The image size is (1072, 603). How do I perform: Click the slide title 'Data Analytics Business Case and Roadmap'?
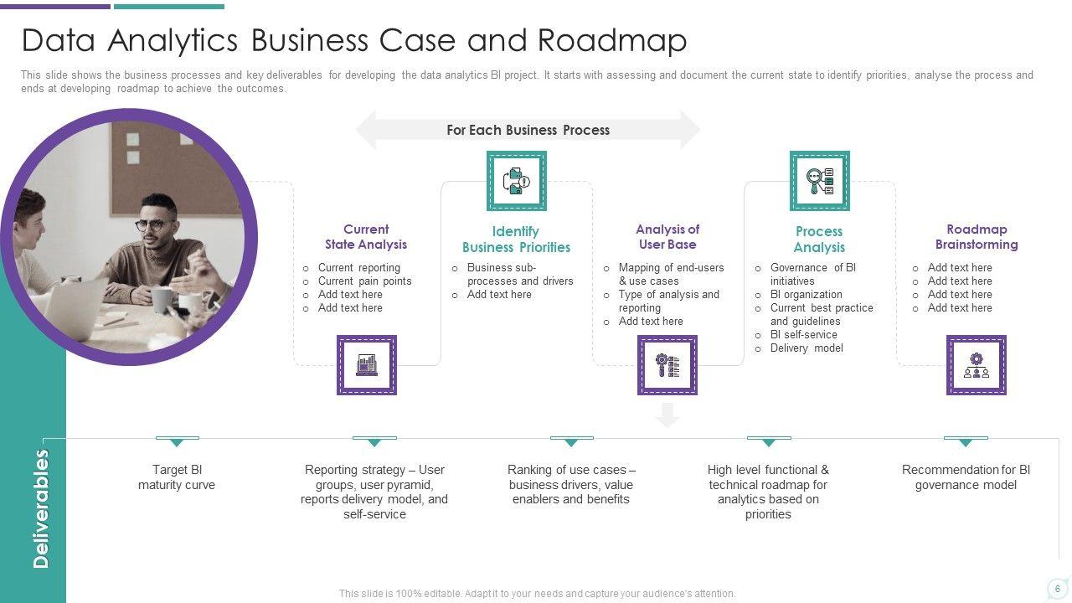(353, 40)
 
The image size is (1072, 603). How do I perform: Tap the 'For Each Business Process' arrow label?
(528, 130)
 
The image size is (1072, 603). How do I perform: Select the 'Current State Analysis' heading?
(366, 237)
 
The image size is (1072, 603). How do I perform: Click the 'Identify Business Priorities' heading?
(516, 240)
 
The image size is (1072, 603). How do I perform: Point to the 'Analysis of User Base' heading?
(667, 237)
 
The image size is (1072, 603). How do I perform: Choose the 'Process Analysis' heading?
(819, 240)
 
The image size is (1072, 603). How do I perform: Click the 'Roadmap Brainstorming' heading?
(977, 237)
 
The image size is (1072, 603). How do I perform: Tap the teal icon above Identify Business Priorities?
(517, 181)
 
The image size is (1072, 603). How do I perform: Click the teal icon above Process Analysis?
(820, 181)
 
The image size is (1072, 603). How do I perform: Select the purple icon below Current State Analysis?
(367, 365)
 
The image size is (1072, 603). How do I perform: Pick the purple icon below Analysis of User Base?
(667, 365)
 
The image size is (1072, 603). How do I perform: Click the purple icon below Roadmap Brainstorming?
(977, 365)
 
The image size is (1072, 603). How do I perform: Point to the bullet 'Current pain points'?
(364, 281)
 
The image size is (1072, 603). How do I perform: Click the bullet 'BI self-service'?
(803, 335)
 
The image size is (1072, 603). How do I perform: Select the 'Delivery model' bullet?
(807, 348)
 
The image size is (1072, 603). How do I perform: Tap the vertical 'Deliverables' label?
(41, 509)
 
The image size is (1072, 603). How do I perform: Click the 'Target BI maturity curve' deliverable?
(177, 477)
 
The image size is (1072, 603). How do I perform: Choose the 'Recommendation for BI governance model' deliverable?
(966, 477)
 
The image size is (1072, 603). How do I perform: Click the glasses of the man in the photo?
(152, 224)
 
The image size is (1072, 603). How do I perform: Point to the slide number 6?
(1057, 589)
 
